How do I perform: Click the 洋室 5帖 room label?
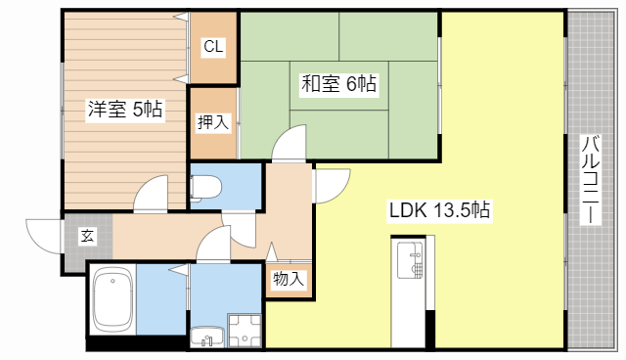tap(124, 110)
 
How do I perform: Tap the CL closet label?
tap(213, 46)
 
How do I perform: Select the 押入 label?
tap(213, 122)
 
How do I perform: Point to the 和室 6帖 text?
tap(337, 84)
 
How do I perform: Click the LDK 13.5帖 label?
tap(439, 209)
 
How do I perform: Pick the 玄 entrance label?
tap(87, 235)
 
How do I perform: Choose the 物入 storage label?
tap(289, 280)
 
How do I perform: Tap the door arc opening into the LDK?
tap(331, 184)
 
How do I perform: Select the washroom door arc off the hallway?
tap(211, 245)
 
